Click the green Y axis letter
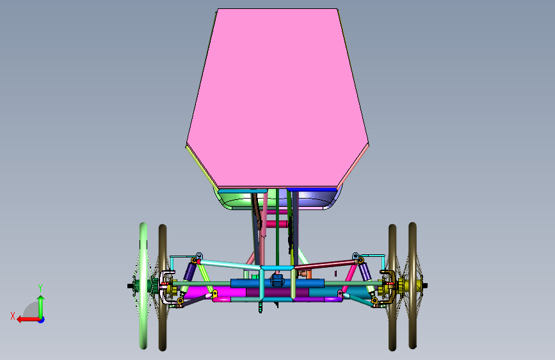click(x=40, y=288)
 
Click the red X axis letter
click(x=13, y=316)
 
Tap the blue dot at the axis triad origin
click(x=42, y=320)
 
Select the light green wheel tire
click(x=143, y=286)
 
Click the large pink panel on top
click(x=277, y=98)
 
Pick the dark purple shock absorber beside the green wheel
click(x=189, y=272)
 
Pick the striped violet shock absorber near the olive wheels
click(x=365, y=272)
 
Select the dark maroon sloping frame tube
click(x=325, y=265)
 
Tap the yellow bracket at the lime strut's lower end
click(x=214, y=294)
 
